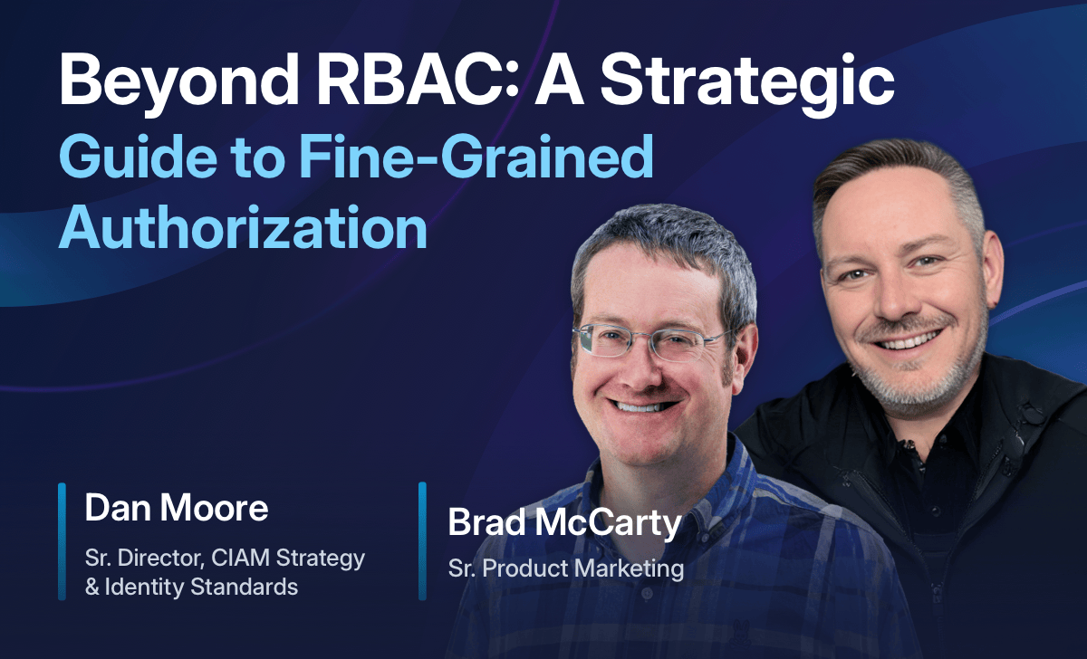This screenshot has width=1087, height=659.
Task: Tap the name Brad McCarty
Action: click(x=563, y=523)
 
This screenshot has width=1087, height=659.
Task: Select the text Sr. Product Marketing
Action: click(x=565, y=568)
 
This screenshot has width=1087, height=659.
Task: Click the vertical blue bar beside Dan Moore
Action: click(x=62, y=540)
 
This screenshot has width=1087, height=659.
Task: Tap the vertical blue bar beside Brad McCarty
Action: click(x=422, y=540)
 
